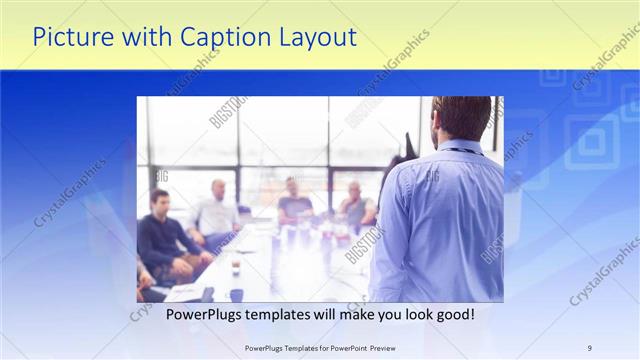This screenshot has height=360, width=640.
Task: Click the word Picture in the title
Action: pyautogui.click(x=69, y=37)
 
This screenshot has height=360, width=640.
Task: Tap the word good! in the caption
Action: pyautogui.click(x=455, y=315)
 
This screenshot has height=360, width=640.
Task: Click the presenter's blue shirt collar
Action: pyautogui.click(x=460, y=148)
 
